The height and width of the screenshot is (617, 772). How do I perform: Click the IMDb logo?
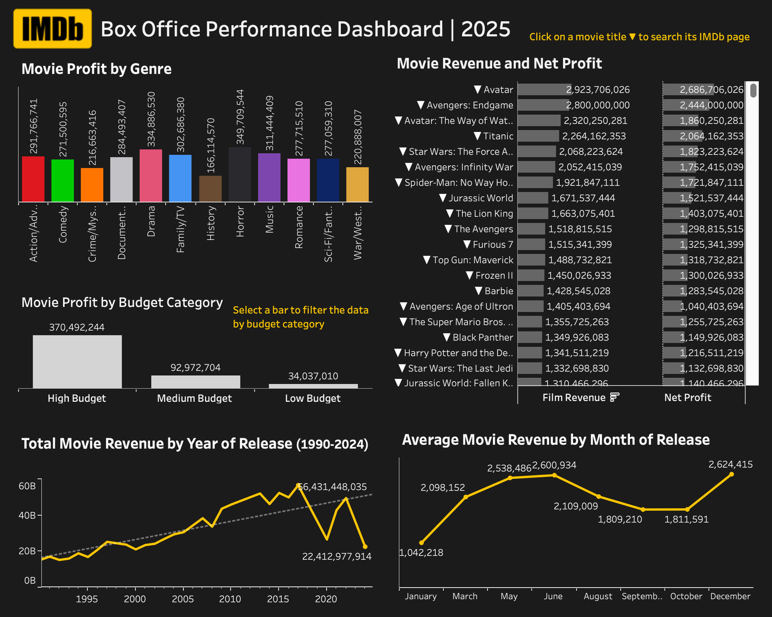click(52, 29)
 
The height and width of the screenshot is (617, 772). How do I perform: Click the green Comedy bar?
click(62, 181)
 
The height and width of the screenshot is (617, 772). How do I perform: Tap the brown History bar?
click(210, 189)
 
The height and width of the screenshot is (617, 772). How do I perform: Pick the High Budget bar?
click(77, 362)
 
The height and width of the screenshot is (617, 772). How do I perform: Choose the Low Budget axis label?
click(313, 399)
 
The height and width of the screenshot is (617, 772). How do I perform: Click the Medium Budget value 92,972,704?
click(196, 368)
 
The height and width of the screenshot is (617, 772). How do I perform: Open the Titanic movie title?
click(498, 136)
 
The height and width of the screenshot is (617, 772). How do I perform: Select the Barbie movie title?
click(499, 291)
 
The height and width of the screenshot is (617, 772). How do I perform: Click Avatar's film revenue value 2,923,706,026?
click(598, 90)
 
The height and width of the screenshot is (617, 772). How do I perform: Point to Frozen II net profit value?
click(711, 276)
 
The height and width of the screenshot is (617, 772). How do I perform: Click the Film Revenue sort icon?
click(614, 397)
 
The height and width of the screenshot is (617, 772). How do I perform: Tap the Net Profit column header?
click(688, 398)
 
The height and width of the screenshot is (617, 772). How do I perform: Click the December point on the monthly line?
click(731, 474)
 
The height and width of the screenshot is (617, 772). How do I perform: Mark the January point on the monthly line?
click(421, 543)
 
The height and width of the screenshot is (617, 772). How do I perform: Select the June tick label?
click(553, 596)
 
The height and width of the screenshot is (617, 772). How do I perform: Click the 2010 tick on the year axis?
click(230, 599)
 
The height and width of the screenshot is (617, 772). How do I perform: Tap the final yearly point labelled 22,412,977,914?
click(365, 547)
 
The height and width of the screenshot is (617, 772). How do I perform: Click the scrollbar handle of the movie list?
click(753, 90)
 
